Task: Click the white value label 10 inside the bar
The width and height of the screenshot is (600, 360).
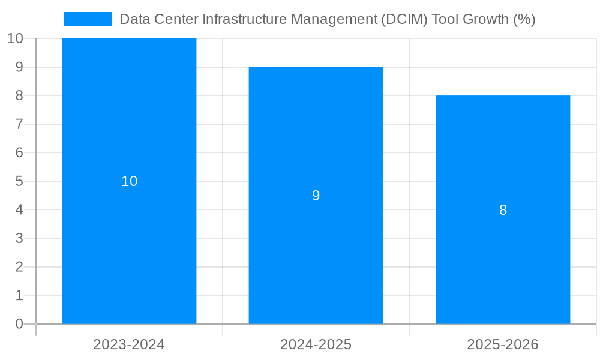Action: [x=129, y=181]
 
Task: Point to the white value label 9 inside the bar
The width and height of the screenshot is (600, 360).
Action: [x=316, y=196]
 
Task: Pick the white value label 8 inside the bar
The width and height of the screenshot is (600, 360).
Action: [x=503, y=210]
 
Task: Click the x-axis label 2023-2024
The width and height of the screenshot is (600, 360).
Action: [x=129, y=344]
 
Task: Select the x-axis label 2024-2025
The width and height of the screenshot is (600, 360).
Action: [x=316, y=344]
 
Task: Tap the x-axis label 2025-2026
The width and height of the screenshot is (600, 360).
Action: [x=503, y=344]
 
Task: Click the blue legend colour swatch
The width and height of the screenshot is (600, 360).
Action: [x=88, y=19]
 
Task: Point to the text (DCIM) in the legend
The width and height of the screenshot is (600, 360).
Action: [x=403, y=19]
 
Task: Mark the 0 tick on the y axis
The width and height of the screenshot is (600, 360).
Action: [x=19, y=324]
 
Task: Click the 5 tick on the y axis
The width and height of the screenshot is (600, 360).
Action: [x=19, y=181]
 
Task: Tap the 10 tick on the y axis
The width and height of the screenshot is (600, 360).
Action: [x=15, y=38]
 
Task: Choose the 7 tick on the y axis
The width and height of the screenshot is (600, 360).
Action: [x=19, y=124]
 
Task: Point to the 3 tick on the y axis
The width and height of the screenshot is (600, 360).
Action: [x=19, y=238]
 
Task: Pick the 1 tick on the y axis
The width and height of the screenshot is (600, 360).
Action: [x=19, y=295]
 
